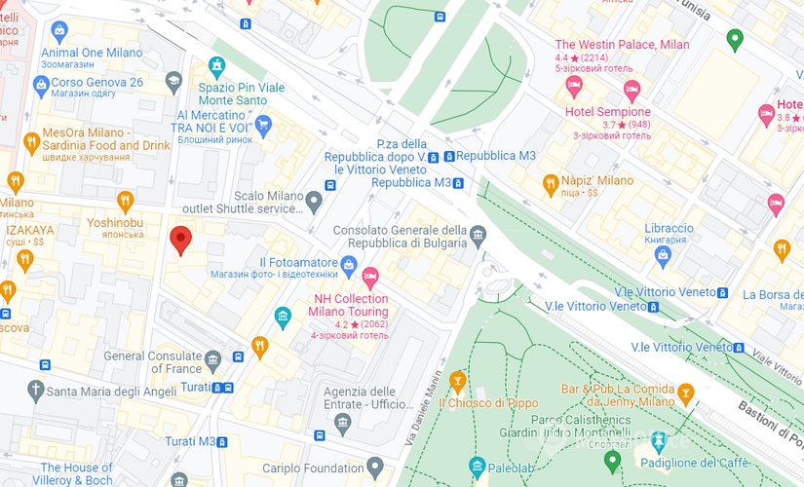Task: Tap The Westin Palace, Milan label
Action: (622, 45)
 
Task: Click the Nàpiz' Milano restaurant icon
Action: (551, 182)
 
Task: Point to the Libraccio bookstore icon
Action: (664, 256)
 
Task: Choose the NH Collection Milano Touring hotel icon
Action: (370, 277)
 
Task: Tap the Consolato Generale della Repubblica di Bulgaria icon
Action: (478, 234)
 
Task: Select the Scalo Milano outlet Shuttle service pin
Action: (313, 202)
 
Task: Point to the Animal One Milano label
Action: (92, 53)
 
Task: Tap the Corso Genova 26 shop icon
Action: (40, 83)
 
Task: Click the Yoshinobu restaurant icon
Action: (124, 202)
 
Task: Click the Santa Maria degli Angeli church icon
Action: (36, 392)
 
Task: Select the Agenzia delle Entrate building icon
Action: (342, 422)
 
